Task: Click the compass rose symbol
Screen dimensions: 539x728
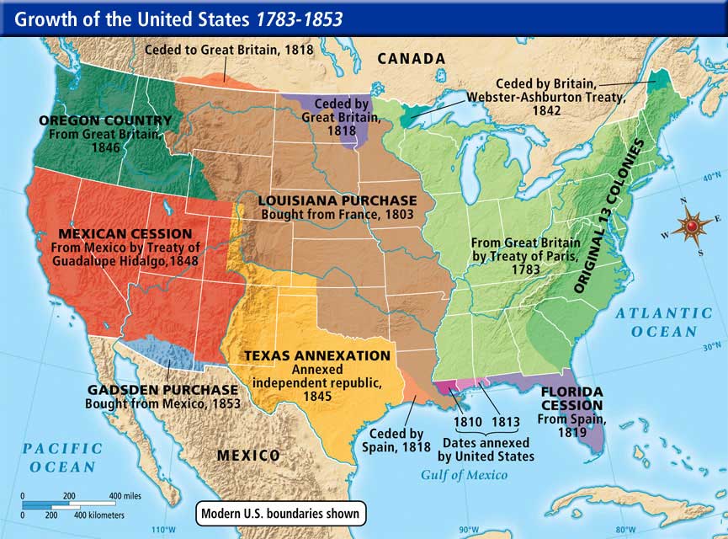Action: pos(693,226)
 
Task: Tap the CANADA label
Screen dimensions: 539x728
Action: pos(411,58)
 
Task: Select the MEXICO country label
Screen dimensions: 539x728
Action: pos(248,456)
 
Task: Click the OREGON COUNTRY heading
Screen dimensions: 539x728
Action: pos(105,120)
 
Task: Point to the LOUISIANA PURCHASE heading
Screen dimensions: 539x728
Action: pos(337,201)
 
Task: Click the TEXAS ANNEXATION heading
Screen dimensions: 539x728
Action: pos(317,356)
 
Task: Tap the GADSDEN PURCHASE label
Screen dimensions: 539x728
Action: pos(162,391)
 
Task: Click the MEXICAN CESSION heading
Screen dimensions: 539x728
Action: pos(125,233)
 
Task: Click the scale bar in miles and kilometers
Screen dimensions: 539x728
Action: pos(76,504)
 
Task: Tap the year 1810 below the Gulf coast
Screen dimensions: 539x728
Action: pos(468,422)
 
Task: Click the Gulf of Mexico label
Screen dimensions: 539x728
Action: pos(464,475)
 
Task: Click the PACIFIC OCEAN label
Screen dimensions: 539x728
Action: pos(62,457)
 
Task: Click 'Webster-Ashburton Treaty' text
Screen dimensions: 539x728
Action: pos(549,98)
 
